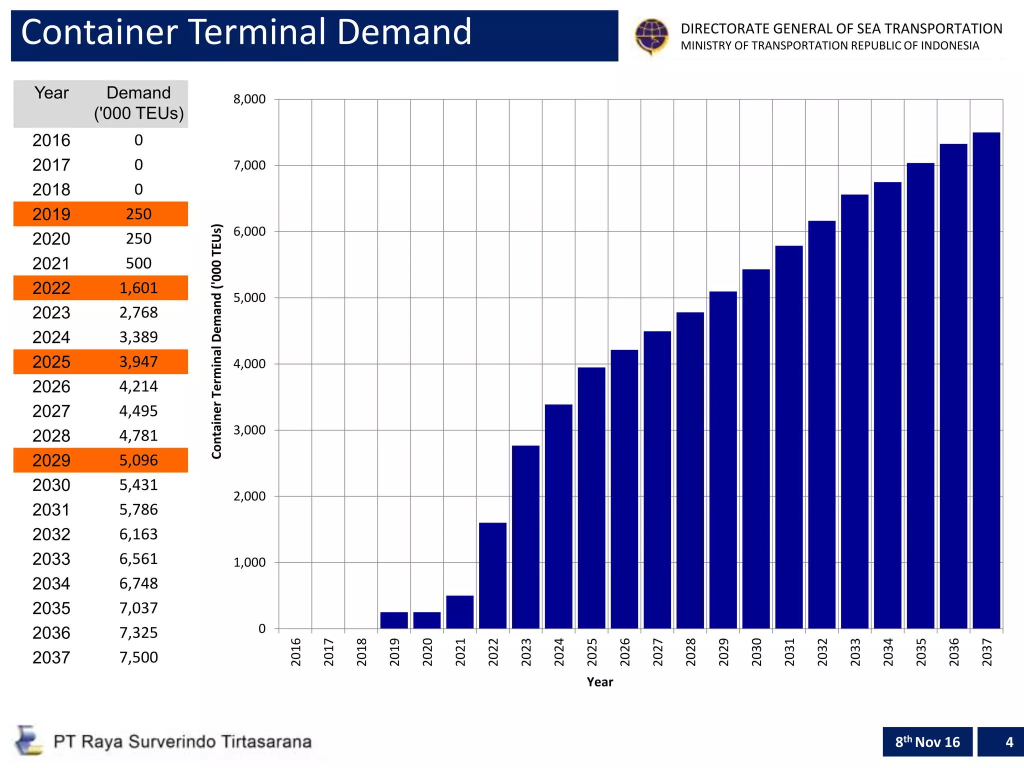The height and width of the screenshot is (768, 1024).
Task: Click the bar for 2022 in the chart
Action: [x=492, y=575]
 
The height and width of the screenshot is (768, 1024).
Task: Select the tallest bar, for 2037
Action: [x=986, y=380]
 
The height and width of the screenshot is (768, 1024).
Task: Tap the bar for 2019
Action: [x=394, y=620]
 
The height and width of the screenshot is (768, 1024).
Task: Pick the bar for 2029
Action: [x=723, y=460]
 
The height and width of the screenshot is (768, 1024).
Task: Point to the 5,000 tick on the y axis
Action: [x=249, y=298]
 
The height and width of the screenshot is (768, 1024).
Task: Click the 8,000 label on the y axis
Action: [x=249, y=99]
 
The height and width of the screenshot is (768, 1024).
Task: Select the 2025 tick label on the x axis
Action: [x=592, y=652]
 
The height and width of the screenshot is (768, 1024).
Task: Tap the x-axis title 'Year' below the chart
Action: [x=599, y=682]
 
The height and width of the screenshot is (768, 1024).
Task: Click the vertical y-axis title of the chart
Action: [x=216, y=341]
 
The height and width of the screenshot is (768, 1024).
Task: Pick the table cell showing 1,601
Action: [x=138, y=288]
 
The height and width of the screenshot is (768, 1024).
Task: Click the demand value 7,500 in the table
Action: [x=138, y=657]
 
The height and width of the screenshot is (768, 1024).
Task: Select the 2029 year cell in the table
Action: [x=51, y=460]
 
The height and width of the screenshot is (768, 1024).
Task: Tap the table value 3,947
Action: [x=138, y=362]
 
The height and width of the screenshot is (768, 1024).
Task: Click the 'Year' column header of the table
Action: [x=51, y=93]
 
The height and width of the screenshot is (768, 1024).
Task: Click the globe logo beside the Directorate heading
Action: [x=651, y=36]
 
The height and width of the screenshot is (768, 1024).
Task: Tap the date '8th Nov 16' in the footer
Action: [x=927, y=742]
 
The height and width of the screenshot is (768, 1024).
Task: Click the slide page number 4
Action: [x=1009, y=742]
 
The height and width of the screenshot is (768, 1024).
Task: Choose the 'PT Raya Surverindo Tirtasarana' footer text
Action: [x=182, y=741]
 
